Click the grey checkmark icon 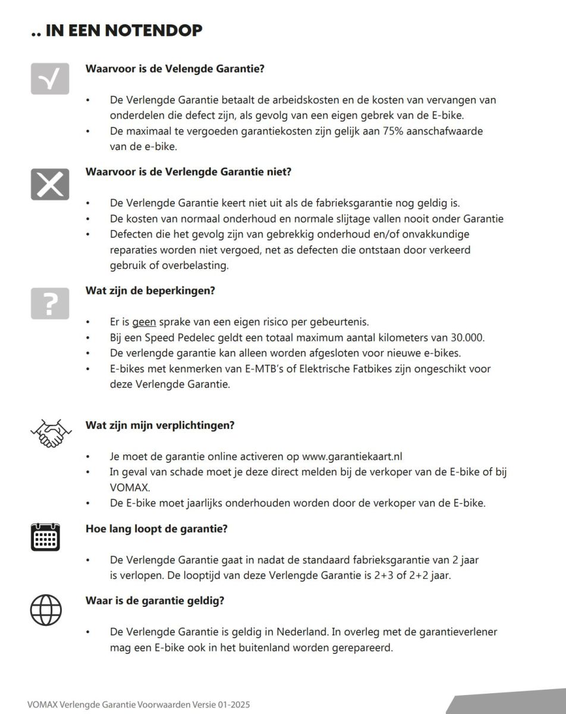(50, 79)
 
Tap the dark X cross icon (50, 184)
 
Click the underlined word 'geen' (144, 322)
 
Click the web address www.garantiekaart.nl (353, 456)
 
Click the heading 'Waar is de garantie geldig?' (155, 600)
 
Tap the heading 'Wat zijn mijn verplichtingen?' (160, 425)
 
